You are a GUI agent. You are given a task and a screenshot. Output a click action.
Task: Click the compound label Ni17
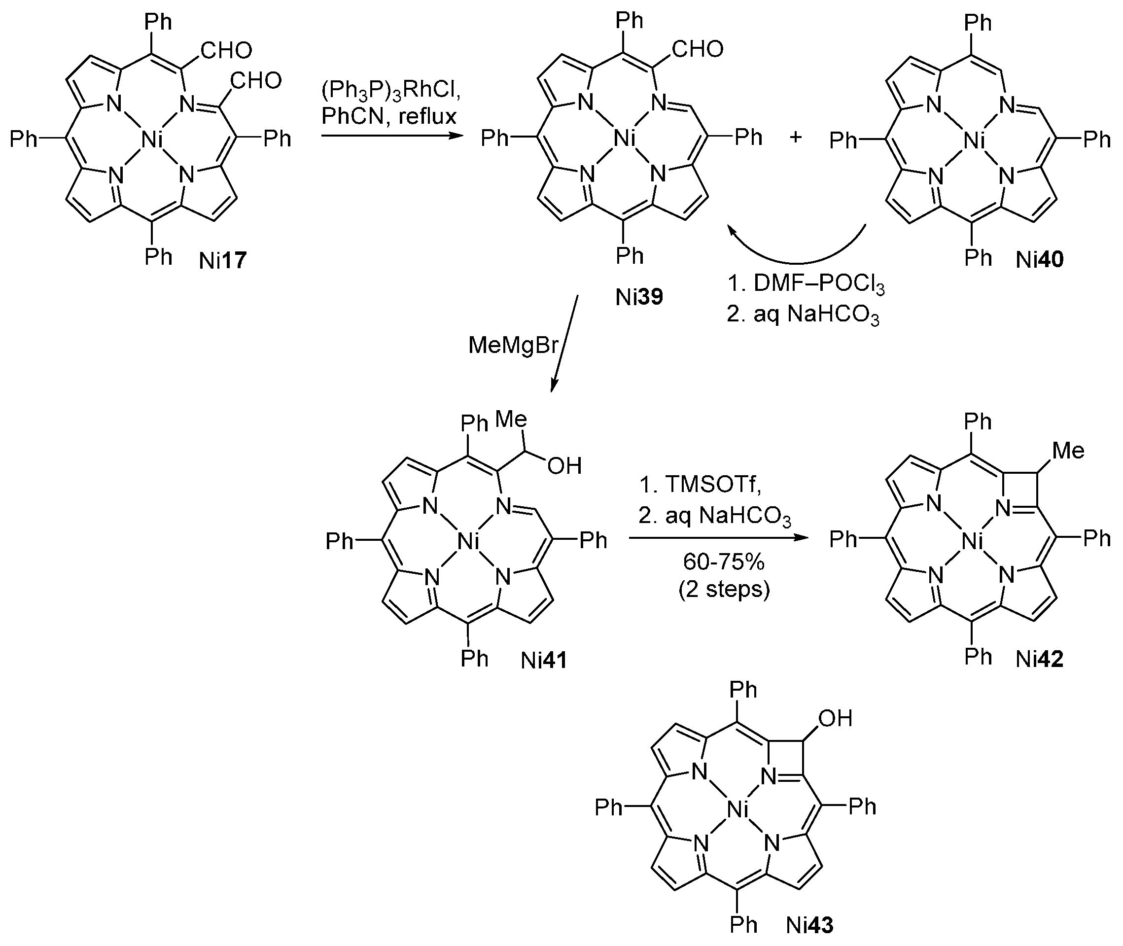222,261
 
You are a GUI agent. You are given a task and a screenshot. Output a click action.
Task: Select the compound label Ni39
639,297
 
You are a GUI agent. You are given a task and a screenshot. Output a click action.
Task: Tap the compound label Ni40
1039,260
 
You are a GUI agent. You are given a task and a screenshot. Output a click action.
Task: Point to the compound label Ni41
544,661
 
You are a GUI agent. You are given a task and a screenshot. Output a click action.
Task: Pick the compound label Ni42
1039,659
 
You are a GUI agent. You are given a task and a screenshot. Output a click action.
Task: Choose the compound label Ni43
810,925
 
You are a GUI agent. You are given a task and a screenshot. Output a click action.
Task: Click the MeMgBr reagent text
513,346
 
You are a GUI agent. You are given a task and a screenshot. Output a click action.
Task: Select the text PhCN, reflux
389,116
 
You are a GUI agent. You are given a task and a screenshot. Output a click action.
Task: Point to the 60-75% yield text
724,561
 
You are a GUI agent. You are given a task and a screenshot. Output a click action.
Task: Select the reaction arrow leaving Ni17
391,136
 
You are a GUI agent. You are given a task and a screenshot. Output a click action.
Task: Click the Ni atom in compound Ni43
738,810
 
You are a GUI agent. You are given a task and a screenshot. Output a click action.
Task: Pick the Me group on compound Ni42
1068,451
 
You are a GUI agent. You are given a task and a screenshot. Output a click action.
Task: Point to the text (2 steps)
724,590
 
